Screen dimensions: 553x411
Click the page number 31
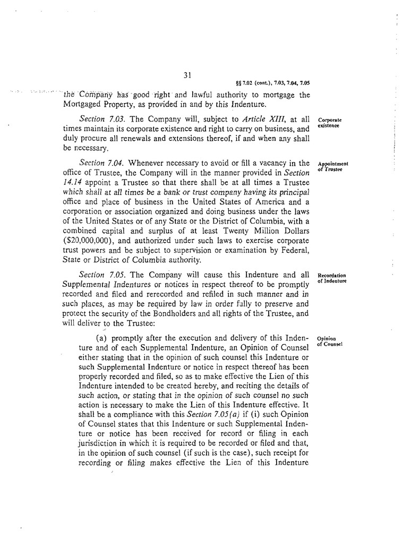(187, 75)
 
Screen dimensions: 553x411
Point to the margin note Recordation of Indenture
(331, 278)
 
